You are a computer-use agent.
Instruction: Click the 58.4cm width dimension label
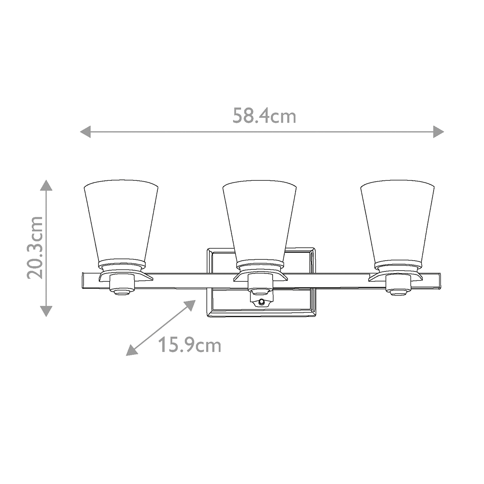click(264, 116)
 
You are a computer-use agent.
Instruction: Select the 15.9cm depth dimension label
click(189, 345)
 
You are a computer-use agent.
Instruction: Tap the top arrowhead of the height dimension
click(47, 186)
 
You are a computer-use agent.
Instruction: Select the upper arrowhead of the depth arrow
click(191, 305)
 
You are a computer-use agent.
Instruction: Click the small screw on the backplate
click(262, 302)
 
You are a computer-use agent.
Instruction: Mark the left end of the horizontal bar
click(84, 281)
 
